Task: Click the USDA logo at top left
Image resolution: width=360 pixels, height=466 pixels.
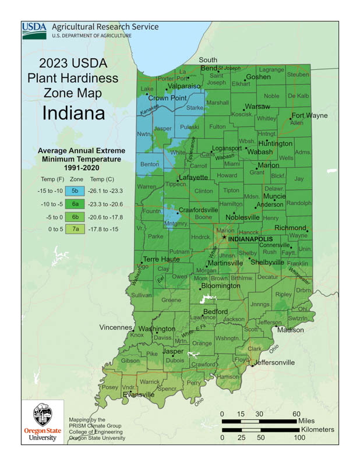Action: point(34,31)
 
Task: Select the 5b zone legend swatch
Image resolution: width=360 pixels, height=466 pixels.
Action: point(74,190)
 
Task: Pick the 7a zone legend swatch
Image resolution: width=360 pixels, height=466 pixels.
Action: point(74,229)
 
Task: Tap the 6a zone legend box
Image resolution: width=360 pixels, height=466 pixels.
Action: point(74,203)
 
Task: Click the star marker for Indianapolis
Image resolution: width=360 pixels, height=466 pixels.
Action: point(224,238)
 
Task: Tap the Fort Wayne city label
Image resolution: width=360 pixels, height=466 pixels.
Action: point(309,115)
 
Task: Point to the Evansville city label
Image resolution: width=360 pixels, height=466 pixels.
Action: point(139,394)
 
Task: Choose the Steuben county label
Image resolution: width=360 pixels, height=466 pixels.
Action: point(298,75)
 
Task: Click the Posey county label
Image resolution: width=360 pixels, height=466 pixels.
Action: point(110,387)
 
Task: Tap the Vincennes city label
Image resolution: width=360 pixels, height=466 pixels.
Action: point(115,327)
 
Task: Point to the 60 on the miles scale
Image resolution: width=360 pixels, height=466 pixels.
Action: point(297,413)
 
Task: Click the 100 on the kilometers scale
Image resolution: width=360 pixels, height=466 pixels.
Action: point(299,438)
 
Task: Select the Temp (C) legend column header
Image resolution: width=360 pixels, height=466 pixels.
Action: point(102,179)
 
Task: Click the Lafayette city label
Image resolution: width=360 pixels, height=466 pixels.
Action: point(193,177)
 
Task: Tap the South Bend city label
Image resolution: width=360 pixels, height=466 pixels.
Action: point(208,64)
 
